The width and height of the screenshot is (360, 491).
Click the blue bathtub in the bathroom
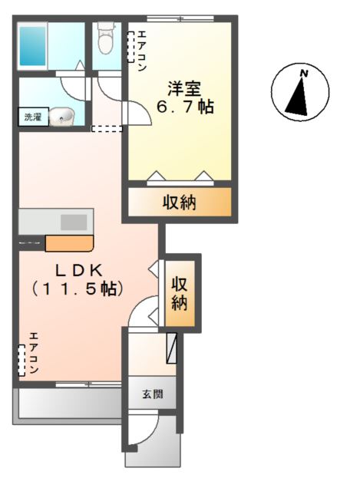33,46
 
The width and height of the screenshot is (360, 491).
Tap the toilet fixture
106,39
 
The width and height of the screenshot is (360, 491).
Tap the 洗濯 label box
32,117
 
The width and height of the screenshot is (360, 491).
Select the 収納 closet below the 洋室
179,203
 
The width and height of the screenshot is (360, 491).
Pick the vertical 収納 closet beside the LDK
180,292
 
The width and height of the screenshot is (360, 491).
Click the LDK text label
78,269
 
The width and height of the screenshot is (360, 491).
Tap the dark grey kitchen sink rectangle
74,222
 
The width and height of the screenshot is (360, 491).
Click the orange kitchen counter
69,244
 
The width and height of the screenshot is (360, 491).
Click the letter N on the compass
305,74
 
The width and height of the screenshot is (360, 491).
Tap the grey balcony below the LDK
68,403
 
